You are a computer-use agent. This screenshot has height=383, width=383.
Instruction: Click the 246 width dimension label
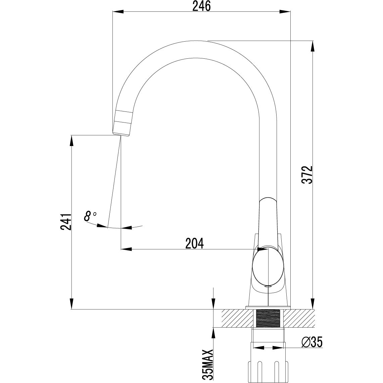point(201,6)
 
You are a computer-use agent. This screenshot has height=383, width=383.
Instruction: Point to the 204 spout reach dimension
point(194,243)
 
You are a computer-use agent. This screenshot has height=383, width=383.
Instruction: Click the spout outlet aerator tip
point(122,128)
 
